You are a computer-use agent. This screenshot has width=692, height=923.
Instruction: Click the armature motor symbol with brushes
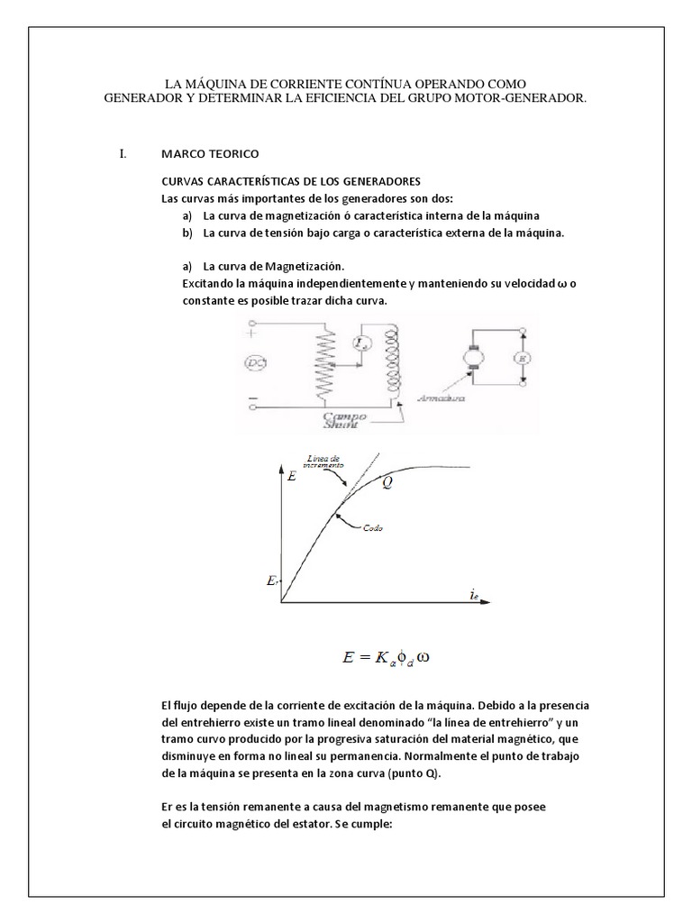471,358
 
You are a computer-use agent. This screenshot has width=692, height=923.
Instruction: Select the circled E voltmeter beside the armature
520,358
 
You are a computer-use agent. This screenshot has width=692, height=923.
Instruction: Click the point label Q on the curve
387,481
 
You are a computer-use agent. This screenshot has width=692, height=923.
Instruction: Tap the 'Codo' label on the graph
374,528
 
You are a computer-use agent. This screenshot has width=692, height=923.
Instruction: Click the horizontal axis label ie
473,593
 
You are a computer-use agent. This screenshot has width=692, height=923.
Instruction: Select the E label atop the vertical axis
291,477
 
